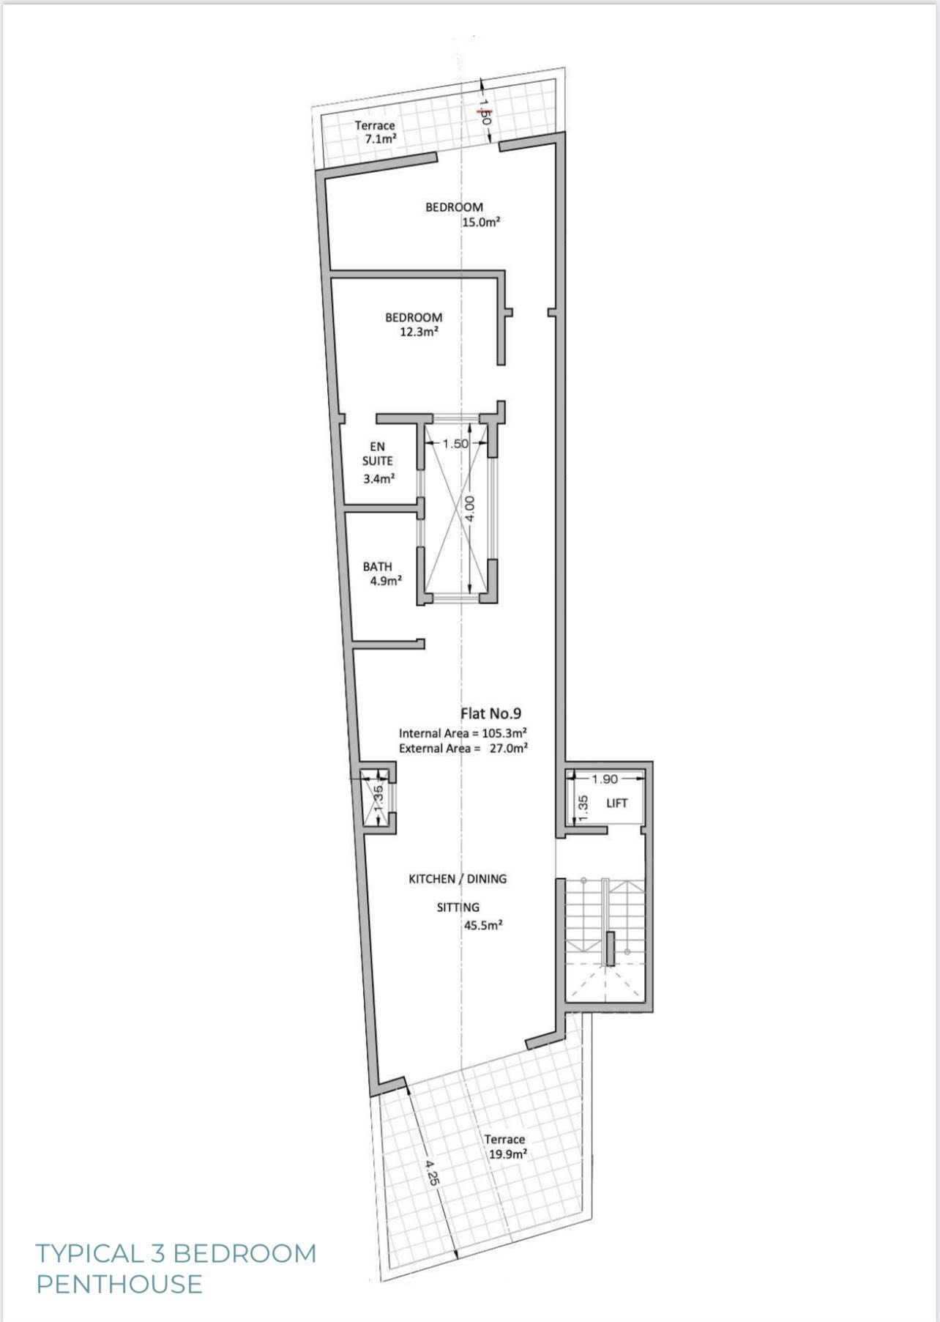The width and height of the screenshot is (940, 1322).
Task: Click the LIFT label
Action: tap(617, 803)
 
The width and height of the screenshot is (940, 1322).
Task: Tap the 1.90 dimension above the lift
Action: tap(605, 779)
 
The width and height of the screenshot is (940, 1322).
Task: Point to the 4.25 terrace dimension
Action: tap(433, 1171)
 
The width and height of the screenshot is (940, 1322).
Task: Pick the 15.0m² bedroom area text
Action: tap(481, 222)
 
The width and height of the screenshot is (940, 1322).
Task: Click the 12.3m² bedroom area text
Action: tap(419, 332)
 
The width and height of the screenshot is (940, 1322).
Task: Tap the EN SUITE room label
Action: tap(378, 454)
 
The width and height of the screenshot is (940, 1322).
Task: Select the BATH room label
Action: tap(378, 567)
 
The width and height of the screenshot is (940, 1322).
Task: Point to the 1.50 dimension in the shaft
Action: tap(455, 444)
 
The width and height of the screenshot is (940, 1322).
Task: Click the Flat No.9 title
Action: tap(490, 713)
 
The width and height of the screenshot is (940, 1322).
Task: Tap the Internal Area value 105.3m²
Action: tap(506, 733)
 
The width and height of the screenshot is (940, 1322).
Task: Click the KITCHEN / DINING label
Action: tap(458, 879)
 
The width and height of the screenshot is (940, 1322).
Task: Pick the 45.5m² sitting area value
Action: tap(483, 925)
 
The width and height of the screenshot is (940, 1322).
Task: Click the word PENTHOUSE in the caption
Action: tap(119, 1284)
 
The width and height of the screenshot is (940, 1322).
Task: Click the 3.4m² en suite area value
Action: tap(379, 480)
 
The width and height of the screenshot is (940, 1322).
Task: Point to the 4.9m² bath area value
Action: tap(387, 582)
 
